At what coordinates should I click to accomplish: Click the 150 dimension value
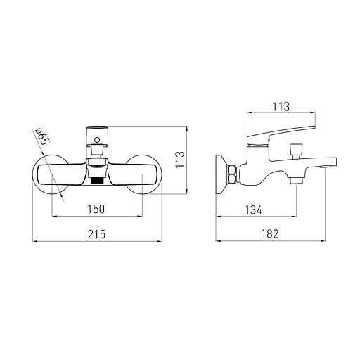coord(96,209)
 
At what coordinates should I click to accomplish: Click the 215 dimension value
coord(96,234)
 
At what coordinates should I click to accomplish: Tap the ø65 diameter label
coord(41,136)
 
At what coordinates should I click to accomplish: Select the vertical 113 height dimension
coord(180,160)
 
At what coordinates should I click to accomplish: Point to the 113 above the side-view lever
coord(281,107)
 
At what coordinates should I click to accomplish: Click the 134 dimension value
coord(253,210)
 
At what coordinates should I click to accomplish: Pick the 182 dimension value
coord(270,234)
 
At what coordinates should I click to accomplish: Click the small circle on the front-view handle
coord(97,140)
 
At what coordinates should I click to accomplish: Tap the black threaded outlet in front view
coord(98,180)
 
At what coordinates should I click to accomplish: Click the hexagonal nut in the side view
coord(233,174)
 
